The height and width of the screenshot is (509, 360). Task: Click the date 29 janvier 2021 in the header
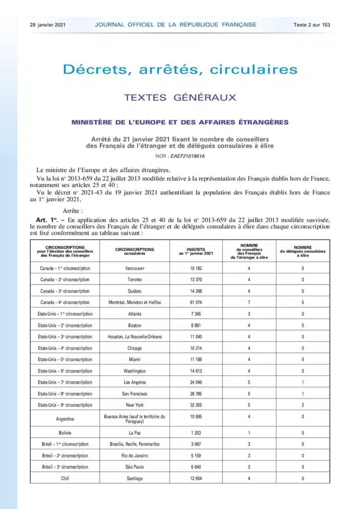[48, 24]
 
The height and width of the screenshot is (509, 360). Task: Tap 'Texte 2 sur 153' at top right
[312, 24]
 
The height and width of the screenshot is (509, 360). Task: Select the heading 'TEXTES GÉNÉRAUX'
[180, 97]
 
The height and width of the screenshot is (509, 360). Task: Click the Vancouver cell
[134, 268]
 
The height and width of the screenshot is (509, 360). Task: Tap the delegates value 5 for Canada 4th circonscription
[303, 302]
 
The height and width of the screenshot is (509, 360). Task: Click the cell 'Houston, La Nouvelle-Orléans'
[134, 337]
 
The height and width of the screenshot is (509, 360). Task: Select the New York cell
[134, 405]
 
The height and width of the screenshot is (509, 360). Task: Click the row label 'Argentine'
[65, 419]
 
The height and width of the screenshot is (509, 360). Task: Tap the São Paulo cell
[134, 467]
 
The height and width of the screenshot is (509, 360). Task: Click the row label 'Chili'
[65, 479]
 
